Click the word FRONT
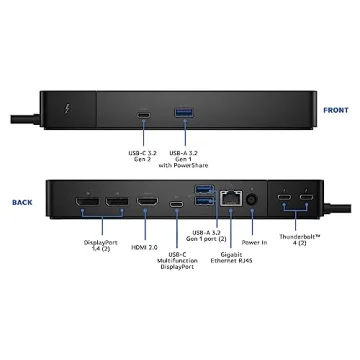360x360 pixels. [x=336, y=110]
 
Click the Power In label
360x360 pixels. [x=254, y=242]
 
